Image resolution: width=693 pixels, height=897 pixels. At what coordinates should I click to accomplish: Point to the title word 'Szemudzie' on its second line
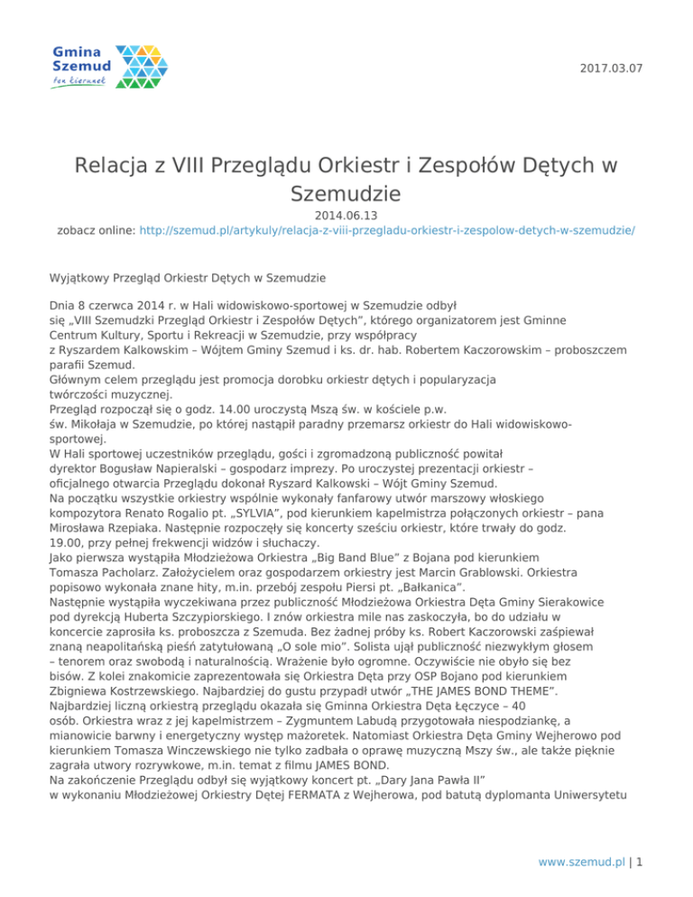(346, 194)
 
